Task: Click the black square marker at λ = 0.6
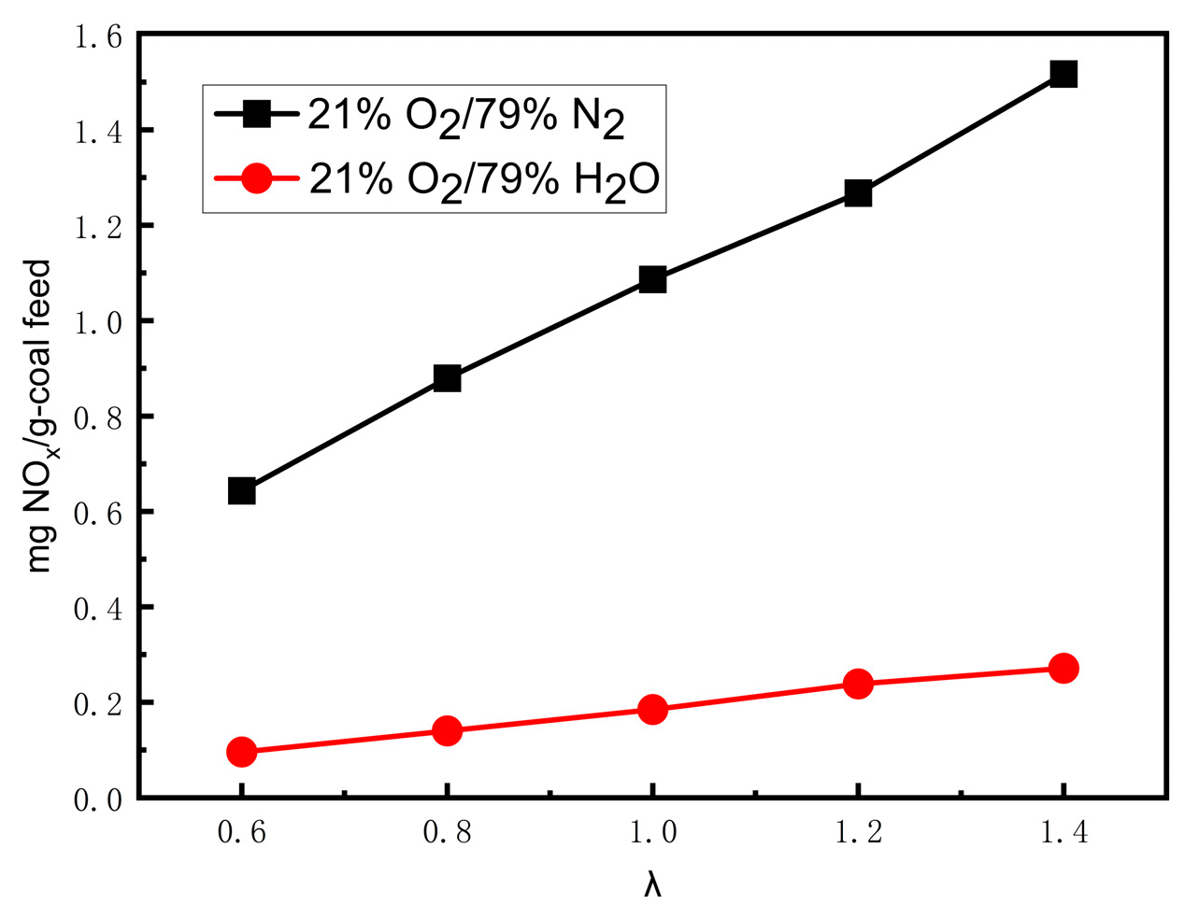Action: tap(241, 490)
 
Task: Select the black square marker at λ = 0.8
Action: tap(447, 378)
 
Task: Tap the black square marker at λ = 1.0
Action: tap(652, 279)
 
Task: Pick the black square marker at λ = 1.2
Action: tap(858, 193)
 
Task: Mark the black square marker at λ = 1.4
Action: tap(1063, 74)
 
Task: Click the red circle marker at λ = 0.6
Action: tap(241, 752)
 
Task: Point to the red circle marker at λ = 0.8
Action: tap(447, 730)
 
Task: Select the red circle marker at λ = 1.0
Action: tap(652, 709)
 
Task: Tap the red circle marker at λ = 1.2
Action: tap(858, 684)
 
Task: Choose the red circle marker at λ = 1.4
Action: tap(1063, 668)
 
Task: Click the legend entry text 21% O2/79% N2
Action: tap(466, 120)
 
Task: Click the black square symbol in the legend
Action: tap(256, 114)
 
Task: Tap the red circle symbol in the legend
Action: tap(256, 177)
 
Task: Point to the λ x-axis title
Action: tap(652, 884)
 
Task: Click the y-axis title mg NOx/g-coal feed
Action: tap(39, 417)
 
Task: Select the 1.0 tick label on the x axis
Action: tap(652, 832)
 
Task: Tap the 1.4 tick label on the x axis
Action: tap(1063, 832)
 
